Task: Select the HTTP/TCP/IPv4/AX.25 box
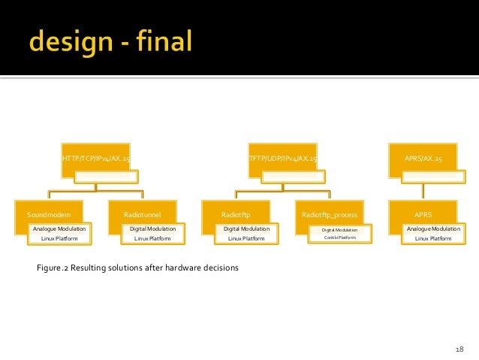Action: (96, 159)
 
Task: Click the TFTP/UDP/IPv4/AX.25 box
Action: (282, 159)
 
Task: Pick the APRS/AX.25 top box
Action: (423, 159)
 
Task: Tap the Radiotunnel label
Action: (143, 214)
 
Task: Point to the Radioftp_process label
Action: (330, 214)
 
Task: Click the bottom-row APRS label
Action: (423, 214)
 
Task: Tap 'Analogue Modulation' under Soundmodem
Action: (59, 228)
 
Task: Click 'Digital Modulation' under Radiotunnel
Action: (152, 228)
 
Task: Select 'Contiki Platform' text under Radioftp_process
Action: (340, 237)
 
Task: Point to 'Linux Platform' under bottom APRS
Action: (433, 238)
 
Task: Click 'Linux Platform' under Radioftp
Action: (246, 238)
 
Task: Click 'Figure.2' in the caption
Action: (52, 267)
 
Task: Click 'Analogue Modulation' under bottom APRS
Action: (433, 228)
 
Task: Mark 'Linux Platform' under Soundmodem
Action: (59, 238)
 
